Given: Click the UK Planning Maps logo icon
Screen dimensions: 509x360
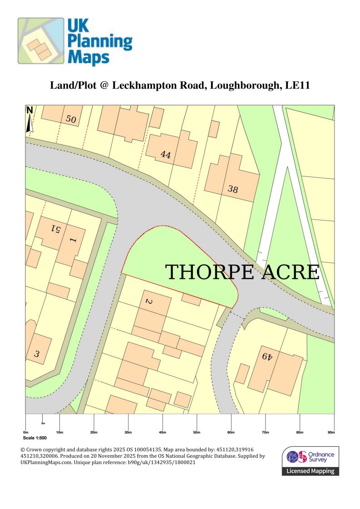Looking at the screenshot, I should pos(40,40).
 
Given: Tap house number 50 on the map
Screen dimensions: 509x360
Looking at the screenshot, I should pos(71,119).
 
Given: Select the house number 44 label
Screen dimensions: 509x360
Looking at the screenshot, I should pos(166,155).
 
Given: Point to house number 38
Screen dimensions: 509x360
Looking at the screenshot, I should pos(233,189).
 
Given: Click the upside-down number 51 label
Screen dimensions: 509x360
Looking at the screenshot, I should pos(56,229).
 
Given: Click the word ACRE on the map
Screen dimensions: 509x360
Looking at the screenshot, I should pos(288,272).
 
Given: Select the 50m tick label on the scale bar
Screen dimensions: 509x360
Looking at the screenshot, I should pos(197,432).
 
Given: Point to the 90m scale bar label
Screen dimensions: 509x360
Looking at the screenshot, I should pos(331,432).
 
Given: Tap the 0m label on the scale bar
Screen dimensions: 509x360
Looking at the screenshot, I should pos(25,432).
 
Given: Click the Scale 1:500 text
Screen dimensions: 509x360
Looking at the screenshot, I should pos(35,438).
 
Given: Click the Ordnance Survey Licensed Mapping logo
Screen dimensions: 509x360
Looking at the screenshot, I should pos(311,460).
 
